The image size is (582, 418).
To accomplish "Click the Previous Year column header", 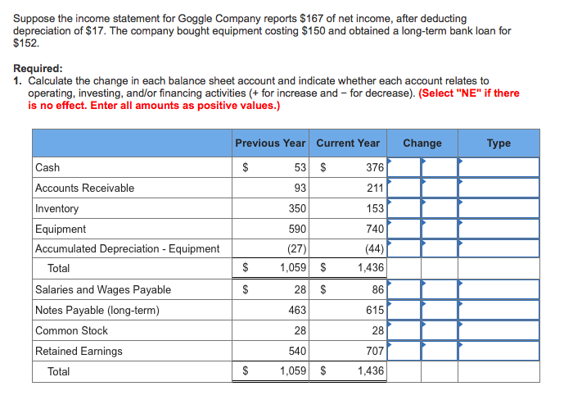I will [x=270, y=143].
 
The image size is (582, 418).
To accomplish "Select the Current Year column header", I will [x=348, y=143].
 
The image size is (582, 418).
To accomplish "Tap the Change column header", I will [x=422, y=143].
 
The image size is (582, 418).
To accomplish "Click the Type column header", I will [x=499, y=143].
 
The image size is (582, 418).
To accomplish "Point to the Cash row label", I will [x=47, y=167].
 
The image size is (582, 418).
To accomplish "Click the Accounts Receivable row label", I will [x=84, y=188].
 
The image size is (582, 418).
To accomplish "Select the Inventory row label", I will [x=57, y=208].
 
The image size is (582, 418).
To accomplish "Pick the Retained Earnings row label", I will [x=79, y=351].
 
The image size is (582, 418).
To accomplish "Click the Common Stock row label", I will [x=71, y=330].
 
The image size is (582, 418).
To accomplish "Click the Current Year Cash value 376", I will [x=374, y=167].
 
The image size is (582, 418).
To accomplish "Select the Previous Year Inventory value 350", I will [x=297, y=208].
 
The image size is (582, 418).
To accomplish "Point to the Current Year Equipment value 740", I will [x=374, y=229].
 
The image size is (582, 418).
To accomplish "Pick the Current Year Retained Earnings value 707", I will [x=374, y=351].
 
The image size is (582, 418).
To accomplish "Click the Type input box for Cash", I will [x=499, y=167].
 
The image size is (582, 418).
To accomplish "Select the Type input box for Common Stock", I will [x=499, y=330].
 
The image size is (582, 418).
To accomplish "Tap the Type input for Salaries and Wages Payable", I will [x=499, y=289].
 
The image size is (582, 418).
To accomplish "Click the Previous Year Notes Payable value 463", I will [x=297, y=310].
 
